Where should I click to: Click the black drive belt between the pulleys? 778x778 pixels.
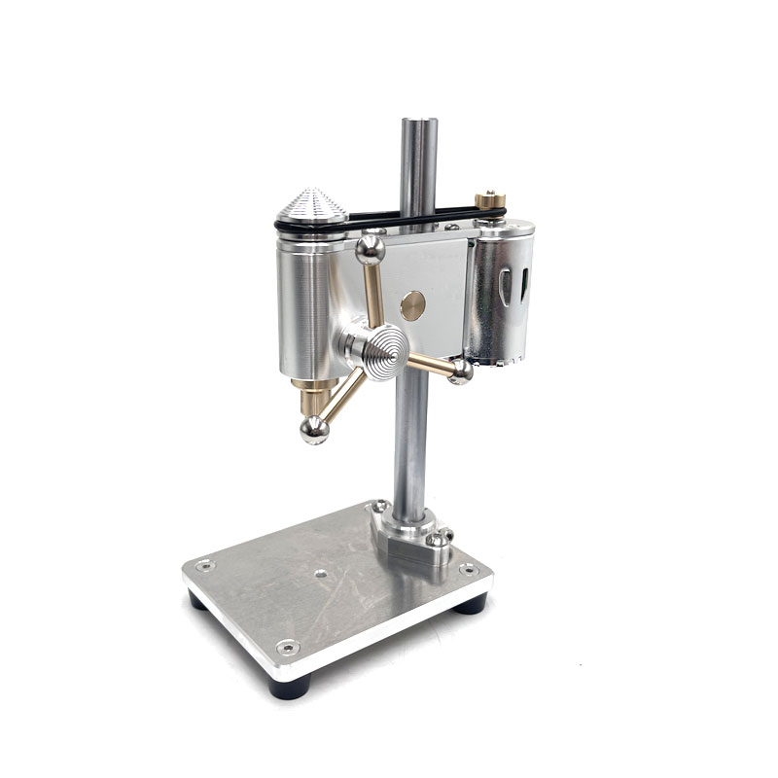408,215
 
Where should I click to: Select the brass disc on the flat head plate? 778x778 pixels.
412,304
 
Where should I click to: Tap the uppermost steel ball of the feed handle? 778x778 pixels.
370,250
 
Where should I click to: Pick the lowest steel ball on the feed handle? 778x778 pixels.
313,429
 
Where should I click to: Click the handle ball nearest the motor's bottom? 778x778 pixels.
461,371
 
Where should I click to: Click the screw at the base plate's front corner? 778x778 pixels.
286,646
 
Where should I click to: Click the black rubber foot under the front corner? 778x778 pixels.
290,688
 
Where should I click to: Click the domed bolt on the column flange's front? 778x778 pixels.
441,536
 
